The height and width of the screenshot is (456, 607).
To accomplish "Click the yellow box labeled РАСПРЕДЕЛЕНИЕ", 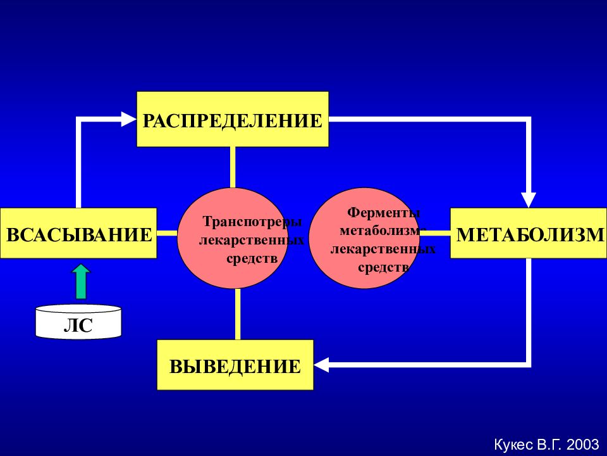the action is click(233, 120).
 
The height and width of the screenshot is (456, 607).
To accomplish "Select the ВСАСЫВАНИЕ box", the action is click(78, 233).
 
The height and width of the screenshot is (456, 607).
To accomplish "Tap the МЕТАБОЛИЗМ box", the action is click(529, 233).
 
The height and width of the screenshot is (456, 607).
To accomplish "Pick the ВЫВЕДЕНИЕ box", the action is click(235, 365).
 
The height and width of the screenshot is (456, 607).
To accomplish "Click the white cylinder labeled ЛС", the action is click(78, 322).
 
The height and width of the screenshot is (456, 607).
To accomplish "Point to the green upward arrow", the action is click(82, 281).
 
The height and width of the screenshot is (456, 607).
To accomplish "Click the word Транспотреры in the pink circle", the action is click(252, 222).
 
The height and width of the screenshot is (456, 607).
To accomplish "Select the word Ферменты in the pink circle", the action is click(383, 212).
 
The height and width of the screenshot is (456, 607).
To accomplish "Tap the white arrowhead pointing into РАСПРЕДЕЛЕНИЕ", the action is click(128, 119).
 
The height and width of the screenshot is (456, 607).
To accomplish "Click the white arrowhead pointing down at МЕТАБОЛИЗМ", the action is click(529, 200).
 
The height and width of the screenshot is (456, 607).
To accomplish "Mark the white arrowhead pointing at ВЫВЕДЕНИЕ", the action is click(321, 365).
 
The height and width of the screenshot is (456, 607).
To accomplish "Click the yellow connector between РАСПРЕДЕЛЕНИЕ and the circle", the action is click(233, 167).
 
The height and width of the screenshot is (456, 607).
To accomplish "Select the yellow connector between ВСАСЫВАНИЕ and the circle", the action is click(167, 233).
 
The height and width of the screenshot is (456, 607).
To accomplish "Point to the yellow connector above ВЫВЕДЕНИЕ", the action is click(237, 315).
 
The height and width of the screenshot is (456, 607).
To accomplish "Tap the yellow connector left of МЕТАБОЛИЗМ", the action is click(435, 233).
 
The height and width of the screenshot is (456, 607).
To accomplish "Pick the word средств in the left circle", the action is click(252, 258).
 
